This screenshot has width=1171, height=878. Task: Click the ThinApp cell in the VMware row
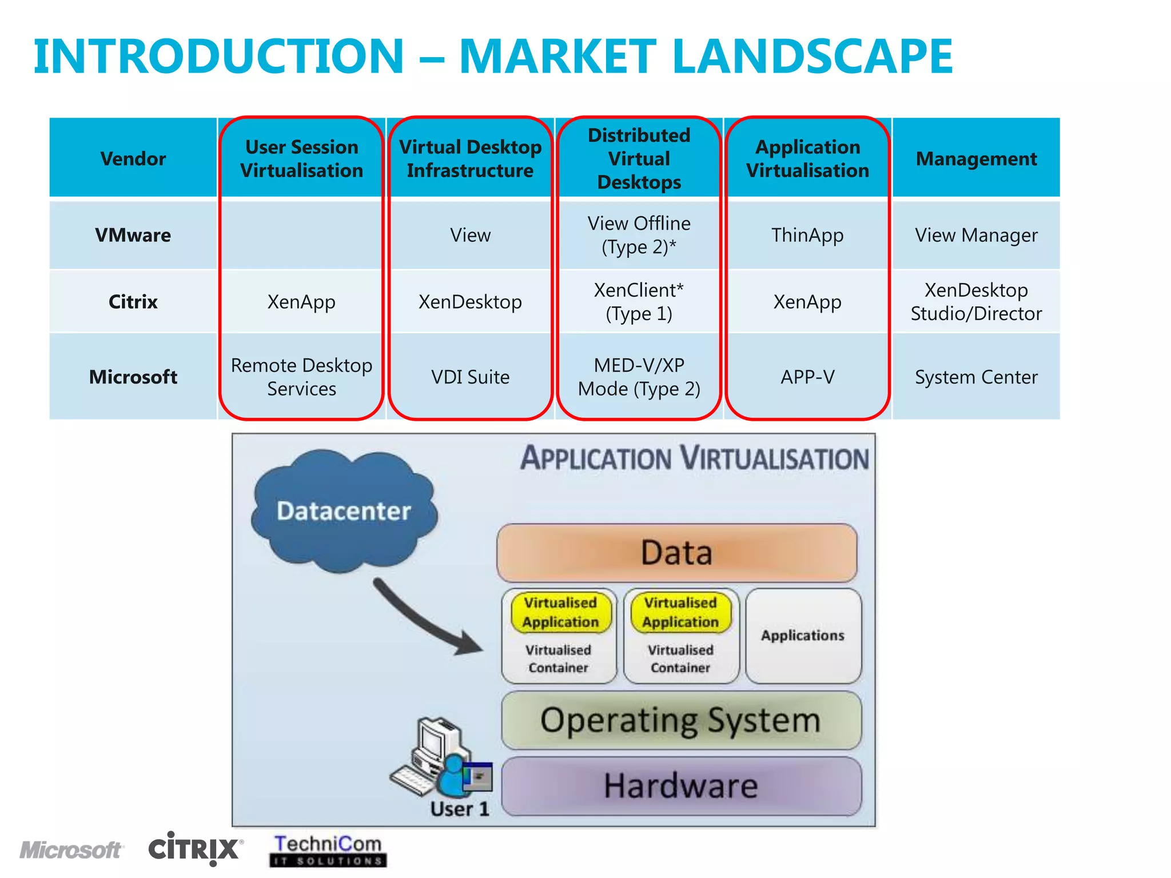pos(807,235)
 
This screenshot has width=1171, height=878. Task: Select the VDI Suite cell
pos(470,377)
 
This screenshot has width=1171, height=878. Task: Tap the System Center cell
pos(976,377)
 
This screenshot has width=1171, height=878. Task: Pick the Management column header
pos(976,158)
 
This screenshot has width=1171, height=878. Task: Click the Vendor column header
pos(133,158)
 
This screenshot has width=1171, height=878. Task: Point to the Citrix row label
pos(133,301)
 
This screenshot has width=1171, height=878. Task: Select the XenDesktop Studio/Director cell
pos(976,301)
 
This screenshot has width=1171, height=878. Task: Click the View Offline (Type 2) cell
pos(639,235)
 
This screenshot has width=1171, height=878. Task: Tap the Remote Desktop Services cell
pos(301,377)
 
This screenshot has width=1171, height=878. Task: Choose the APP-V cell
pos(807,377)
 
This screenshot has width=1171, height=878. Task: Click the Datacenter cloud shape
pos(343,510)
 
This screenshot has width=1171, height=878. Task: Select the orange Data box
pos(676,552)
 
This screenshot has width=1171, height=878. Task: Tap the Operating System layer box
pos(680,720)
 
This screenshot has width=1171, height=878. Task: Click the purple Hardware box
pos(680,786)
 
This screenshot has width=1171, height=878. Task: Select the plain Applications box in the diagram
pos(803,636)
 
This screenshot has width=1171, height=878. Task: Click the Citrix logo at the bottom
pos(194,848)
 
